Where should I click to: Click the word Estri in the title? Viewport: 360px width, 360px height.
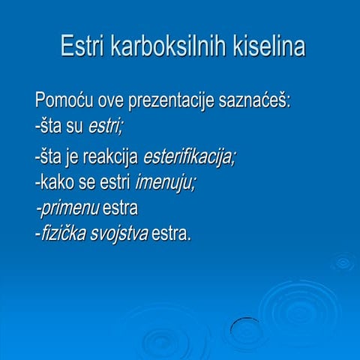pos(82,46)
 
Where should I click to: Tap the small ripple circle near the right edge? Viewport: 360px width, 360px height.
pos(343,262)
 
